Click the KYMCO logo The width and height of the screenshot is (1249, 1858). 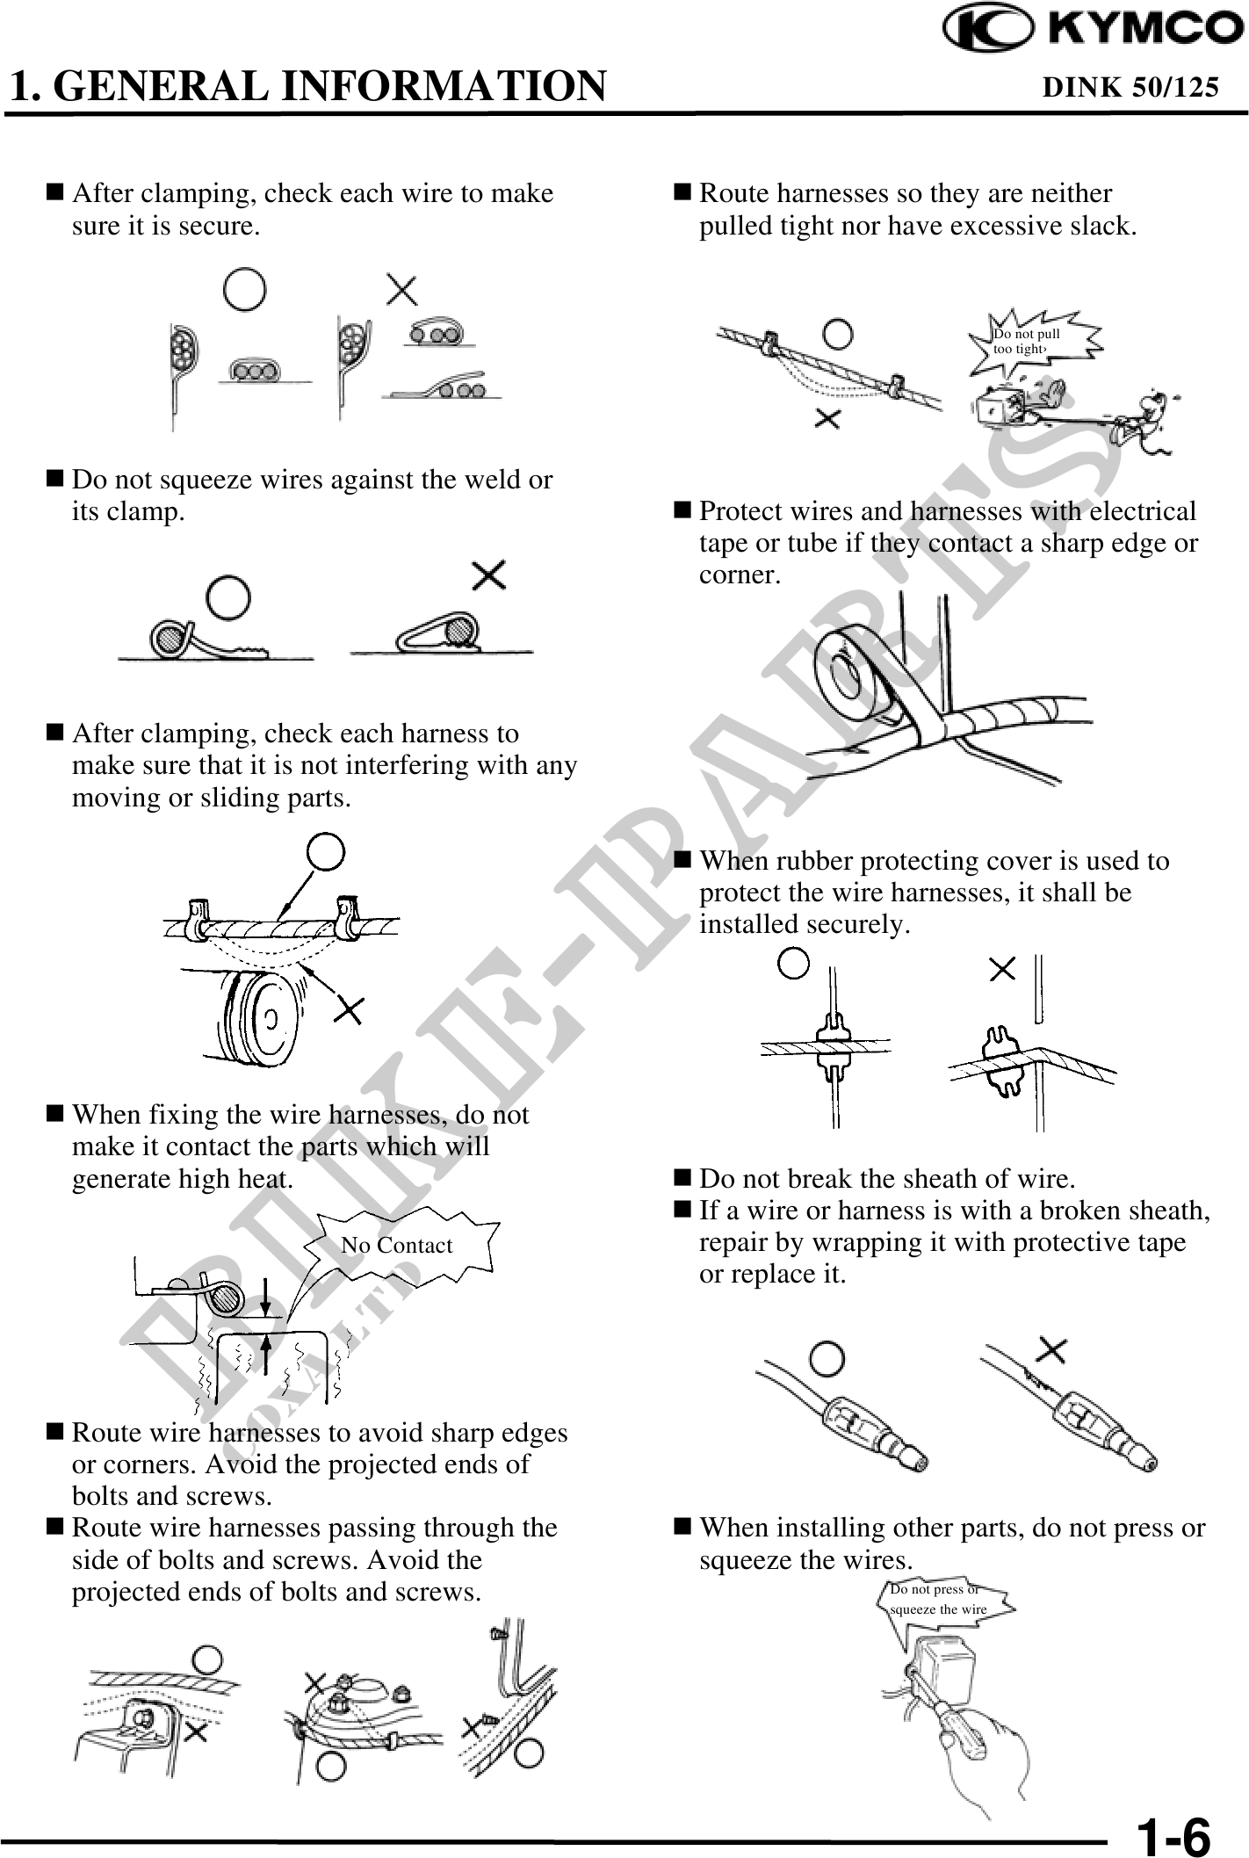click(1093, 30)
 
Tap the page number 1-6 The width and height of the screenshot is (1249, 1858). click(1173, 1835)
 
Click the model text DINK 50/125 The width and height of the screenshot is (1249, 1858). click(1130, 87)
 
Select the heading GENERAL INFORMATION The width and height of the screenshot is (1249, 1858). click(335, 86)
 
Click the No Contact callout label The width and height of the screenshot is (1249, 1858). click(396, 1245)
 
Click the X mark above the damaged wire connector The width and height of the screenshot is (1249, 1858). click(1053, 1349)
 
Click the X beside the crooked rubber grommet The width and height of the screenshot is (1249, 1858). click(1002, 970)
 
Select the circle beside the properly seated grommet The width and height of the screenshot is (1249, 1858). click(793, 964)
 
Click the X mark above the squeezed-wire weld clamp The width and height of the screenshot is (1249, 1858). click(488, 576)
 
